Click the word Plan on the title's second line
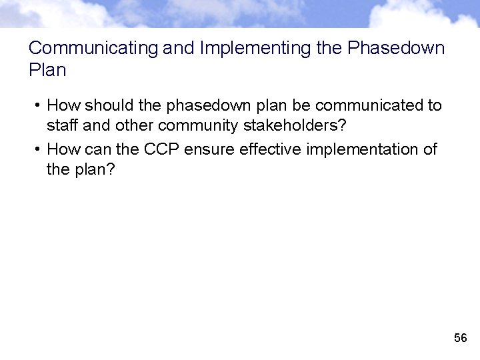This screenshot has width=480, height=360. [48, 69]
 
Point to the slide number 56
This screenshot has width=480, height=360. [460, 339]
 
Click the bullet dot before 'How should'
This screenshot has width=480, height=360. [39, 105]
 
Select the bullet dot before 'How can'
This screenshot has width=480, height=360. [39, 149]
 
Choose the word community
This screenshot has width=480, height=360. [199, 125]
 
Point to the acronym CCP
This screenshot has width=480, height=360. [162, 149]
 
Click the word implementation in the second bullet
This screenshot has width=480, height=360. [363, 149]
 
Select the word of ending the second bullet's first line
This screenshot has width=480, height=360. [430, 149]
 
